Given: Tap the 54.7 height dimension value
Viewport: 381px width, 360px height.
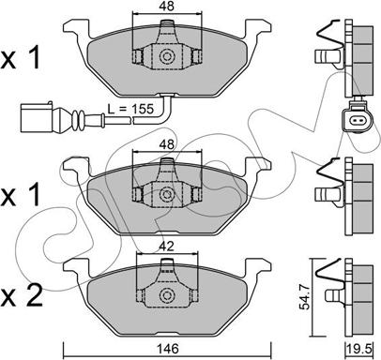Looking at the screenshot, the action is coord(304,297).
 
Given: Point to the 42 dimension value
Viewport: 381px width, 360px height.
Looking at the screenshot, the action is coord(166,247).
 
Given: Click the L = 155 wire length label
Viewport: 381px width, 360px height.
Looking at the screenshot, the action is coord(130,109).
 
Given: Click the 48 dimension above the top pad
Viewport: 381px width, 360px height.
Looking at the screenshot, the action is coord(167,6).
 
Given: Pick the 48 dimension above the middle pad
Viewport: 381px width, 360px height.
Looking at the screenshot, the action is coord(167,144).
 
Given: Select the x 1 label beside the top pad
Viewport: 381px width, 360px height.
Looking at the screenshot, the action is coord(21,58).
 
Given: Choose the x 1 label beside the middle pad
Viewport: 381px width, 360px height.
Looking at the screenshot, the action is coord(21,194).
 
